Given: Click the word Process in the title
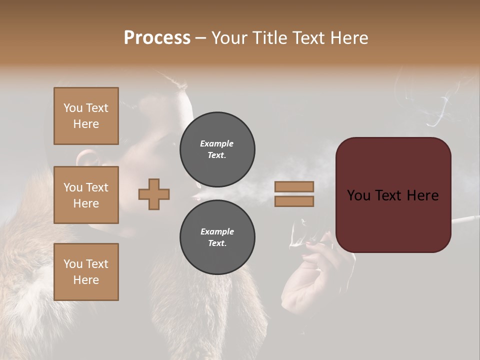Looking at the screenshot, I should [157, 38].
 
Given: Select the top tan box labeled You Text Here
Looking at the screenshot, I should [86, 116].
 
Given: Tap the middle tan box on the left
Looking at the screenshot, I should [86, 195].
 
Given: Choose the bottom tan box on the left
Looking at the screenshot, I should [86, 272].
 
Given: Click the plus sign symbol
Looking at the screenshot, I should [154, 194].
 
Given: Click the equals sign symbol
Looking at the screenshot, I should [294, 194].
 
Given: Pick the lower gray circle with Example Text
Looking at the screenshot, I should [217, 237].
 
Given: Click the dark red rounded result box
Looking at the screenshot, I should [393, 195].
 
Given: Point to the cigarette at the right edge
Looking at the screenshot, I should [465, 219].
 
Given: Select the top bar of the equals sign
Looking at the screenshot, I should [294, 187].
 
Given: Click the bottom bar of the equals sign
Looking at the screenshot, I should [294, 201].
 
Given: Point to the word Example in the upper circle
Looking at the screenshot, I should [216, 143].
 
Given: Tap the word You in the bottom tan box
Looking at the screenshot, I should [72, 264].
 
